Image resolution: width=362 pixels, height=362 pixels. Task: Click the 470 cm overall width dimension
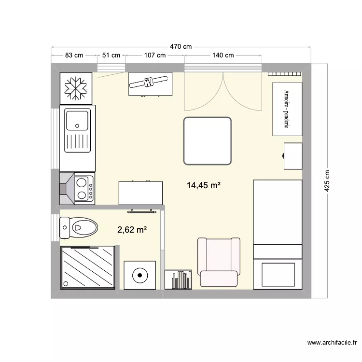(181, 47)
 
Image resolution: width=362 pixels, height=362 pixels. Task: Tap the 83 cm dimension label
(74, 56)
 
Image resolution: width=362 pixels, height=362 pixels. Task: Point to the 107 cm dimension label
(154, 56)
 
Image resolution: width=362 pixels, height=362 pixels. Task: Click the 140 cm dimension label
(223, 56)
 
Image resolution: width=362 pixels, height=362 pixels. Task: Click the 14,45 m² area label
(203, 185)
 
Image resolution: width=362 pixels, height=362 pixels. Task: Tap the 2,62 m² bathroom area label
(132, 230)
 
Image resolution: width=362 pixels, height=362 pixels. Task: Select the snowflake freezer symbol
(76, 88)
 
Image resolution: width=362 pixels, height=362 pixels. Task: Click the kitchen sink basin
(77, 120)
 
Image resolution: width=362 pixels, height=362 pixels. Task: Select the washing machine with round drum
(139, 276)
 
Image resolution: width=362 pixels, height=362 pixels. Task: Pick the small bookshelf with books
(178, 279)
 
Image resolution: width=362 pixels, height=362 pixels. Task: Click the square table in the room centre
(208, 140)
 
